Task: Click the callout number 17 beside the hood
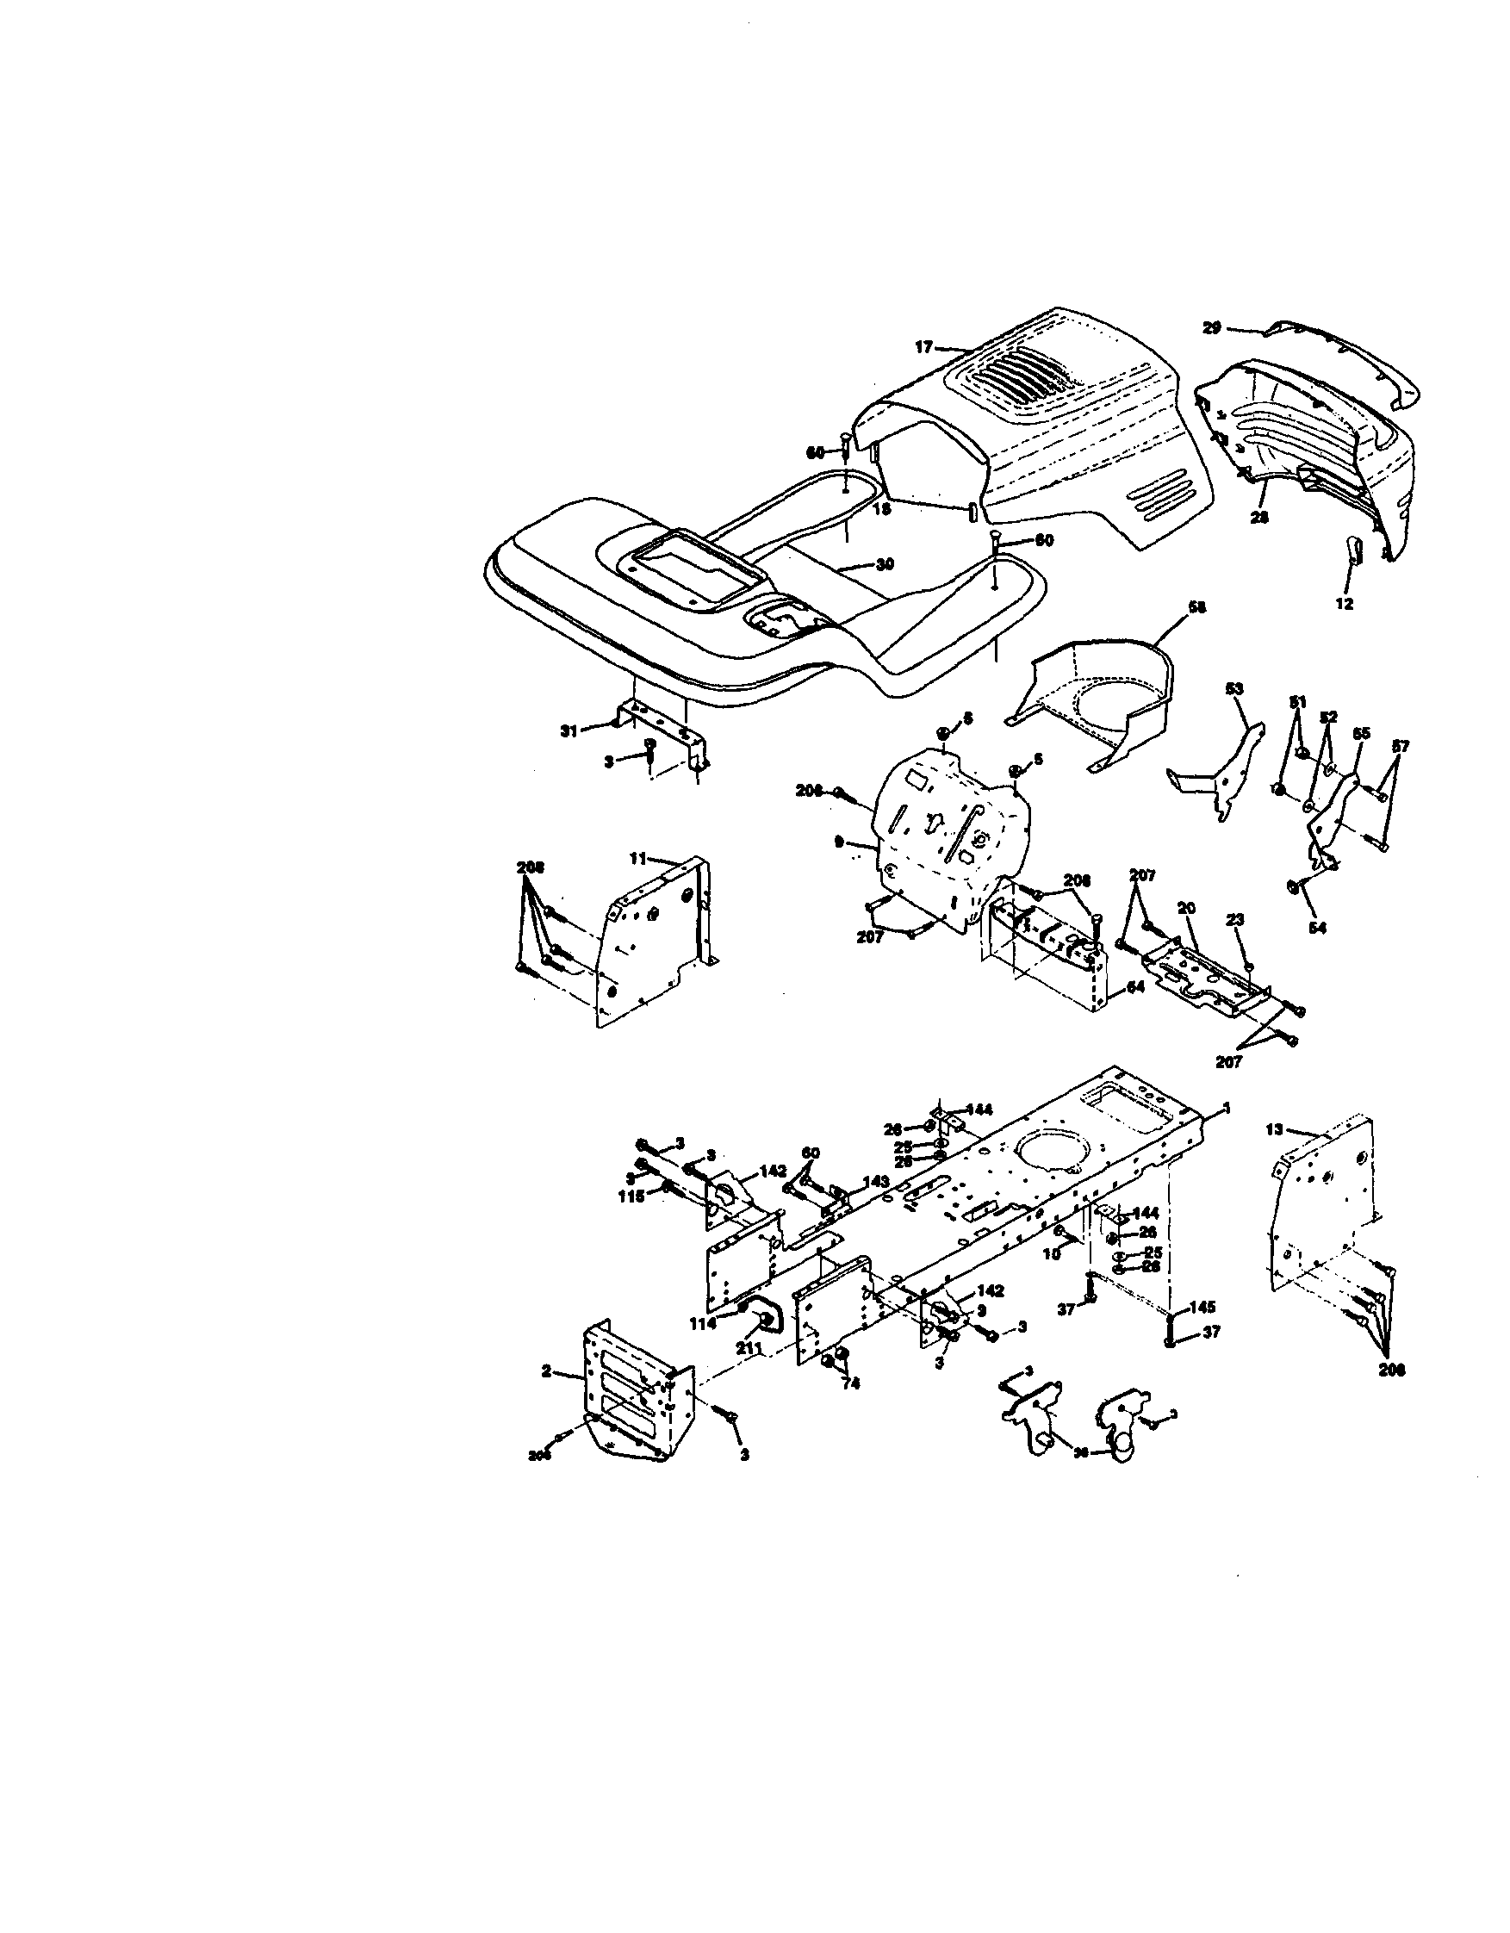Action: pyautogui.click(x=924, y=348)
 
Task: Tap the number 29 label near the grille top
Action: pyautogui.click(x=1212, y=328)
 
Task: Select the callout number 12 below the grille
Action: pyautogui.click(x=1345, y=605)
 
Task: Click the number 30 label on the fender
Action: pyautogui.click(x=885, y=563)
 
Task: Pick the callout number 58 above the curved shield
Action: pyautogui.click(x=1197, y=607)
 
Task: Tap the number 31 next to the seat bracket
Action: pyautogui.click(x=569, y=730)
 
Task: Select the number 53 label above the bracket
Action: pyautogui.click(x=1233, y=687)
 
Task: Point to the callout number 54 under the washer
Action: pyautogui.click(x=1318, y=928)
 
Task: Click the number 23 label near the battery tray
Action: pyautogui.click(x=1234, y=920)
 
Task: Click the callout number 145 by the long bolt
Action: pyautogui.click(x=1202, y=1308)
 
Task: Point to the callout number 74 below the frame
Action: pyautogui.click(x=849, y=1384)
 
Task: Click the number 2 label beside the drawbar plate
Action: pyautogui.click(x=546, y=1371)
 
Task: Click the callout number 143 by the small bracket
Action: pyautogui.click(x=875, y=1182)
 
